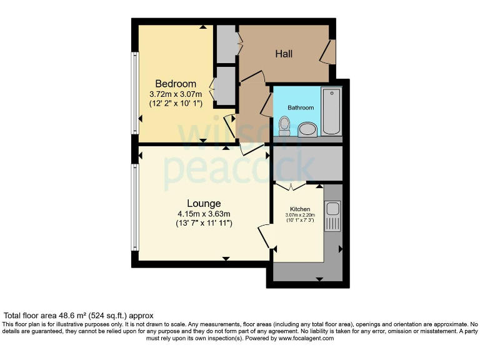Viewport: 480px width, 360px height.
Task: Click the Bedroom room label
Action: tap(176, 84)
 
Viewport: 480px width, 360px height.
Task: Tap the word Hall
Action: tap(284, 54)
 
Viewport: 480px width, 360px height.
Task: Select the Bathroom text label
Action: tap(301, 107)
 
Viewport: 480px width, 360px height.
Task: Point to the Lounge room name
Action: tap(204, 204)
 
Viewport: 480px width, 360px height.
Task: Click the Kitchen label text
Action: tap(300, 209)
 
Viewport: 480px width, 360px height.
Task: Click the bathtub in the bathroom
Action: tap(331, 111)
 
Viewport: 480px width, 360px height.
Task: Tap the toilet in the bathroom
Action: tap(284, 126)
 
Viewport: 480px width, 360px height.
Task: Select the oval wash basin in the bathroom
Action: tap(307, 130)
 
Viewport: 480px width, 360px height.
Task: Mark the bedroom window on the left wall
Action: tap(134, 92)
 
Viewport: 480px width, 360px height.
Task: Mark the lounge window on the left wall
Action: tap(134, 207)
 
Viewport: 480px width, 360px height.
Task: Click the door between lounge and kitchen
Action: tap(265, 237)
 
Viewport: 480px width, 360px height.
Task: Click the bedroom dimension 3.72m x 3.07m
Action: tap(176, 94)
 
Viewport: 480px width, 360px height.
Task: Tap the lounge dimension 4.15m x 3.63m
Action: tap(204, 214)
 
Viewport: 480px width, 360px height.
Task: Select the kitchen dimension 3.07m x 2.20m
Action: tap(300, 215)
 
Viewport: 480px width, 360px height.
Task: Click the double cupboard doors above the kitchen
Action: tap(290, 186)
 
